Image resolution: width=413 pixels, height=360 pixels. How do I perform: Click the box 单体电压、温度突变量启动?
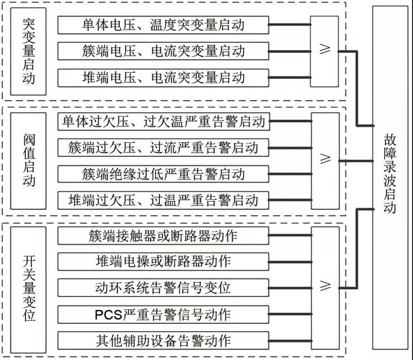click(x=163, y=24)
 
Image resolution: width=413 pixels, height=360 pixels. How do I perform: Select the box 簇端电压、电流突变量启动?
click(x=163, y=51)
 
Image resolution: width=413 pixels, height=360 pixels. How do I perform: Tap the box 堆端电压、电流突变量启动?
click(x=163, y=78)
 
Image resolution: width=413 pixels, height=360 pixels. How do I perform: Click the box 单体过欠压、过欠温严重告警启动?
click(x=163, y=122)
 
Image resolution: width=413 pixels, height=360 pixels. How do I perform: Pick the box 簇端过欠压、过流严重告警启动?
click(x=163, y=148)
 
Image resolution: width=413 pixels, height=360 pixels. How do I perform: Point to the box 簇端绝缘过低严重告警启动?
click(x=163, y=173)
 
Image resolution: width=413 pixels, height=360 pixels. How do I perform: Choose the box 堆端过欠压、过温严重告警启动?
click(x=163, y=199)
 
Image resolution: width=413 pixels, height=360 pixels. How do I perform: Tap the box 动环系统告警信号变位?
click(x=163, y=286)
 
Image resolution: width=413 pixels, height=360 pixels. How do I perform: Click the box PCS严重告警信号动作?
click(x=163, y=314)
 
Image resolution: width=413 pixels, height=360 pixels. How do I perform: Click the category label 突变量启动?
click(x=29, y=51)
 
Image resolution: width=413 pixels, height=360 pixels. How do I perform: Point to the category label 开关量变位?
click(x=29, y=287)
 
